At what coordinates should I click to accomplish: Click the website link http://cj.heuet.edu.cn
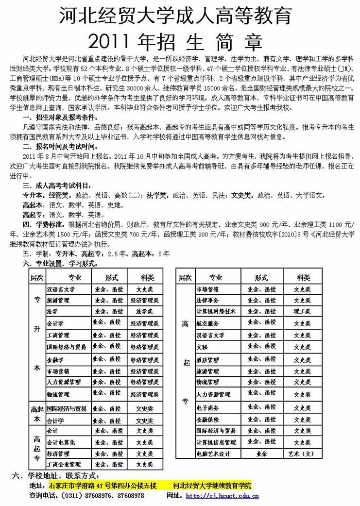pos(222,496)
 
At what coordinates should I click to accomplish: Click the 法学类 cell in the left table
pos(145,311)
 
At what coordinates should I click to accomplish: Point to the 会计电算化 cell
pos(61,443)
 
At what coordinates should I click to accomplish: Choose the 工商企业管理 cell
pos(64,465)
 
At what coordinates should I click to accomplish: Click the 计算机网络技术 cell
pos(216,311)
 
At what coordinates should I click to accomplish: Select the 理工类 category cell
pos(302,311)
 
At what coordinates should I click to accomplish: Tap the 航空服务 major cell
pos(207,323)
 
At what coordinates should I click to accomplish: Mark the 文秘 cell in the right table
pos(202,348)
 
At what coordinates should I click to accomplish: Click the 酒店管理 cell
pos(207,360)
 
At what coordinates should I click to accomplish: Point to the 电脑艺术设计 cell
pos(213,454)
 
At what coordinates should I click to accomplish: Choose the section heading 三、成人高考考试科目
pos(57,185)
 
